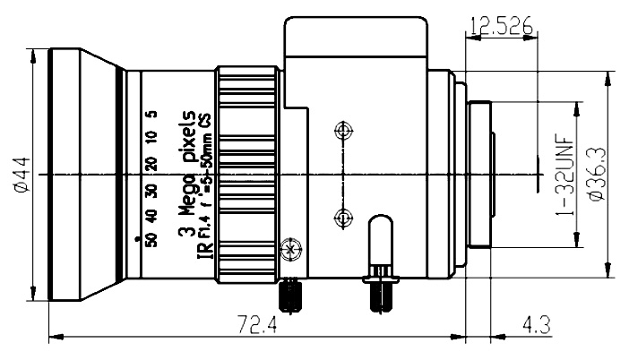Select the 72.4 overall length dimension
click(257, 324)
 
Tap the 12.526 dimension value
click(501, 26)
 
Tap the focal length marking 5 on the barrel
click(152, 114)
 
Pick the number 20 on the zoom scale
click(151, 164)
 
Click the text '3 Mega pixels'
click(186, 175)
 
